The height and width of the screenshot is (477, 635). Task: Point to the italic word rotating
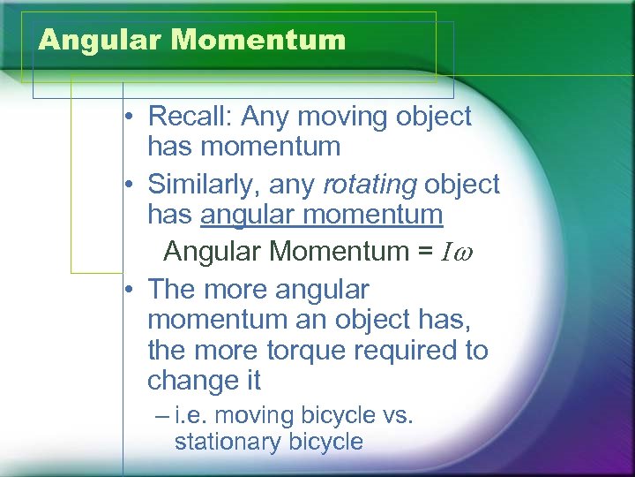[370, 184]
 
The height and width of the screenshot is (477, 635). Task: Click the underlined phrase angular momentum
[322, 215]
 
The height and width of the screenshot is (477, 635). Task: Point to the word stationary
[224, 442]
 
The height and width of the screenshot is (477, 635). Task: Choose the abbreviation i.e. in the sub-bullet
[191, 414]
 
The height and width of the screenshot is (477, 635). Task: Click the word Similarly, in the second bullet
[199, 184]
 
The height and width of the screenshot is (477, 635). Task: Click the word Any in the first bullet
[265, 117]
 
